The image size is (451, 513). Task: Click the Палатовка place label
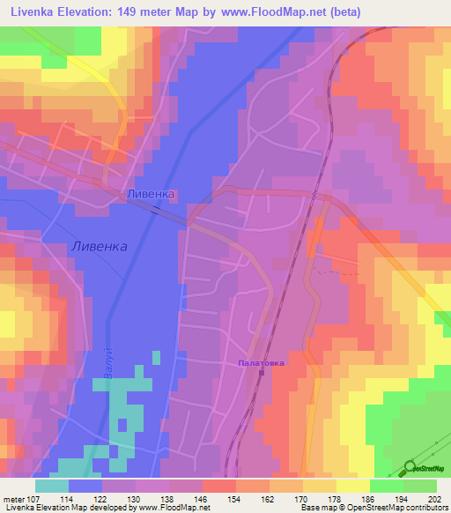coord(263,362)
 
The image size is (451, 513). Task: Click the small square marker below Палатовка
coord(272,372)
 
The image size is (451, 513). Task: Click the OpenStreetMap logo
coord(422,468)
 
